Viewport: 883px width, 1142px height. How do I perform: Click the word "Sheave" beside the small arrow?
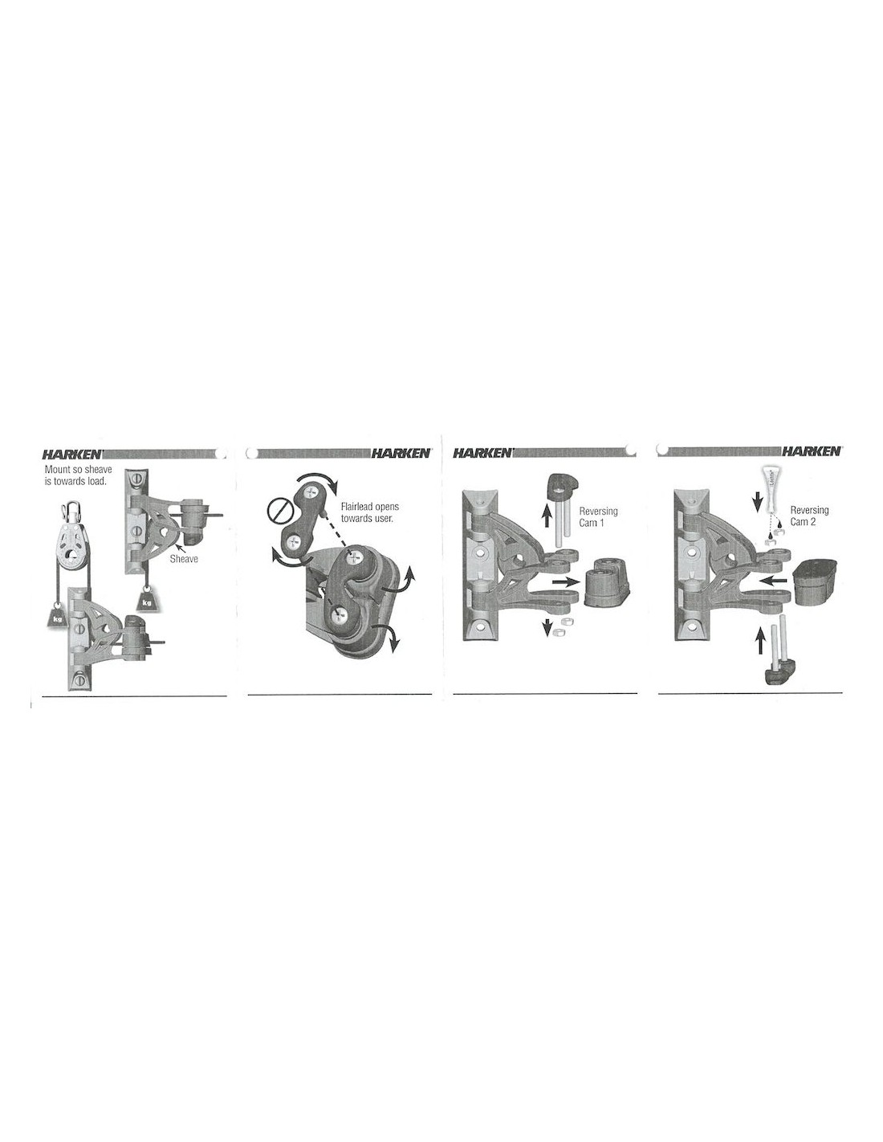[183, 559]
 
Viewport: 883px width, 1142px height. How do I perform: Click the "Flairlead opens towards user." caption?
[370, 512]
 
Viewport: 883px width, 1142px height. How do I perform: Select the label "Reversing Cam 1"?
[598, 516]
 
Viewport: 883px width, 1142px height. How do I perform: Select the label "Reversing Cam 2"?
[809, 516]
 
